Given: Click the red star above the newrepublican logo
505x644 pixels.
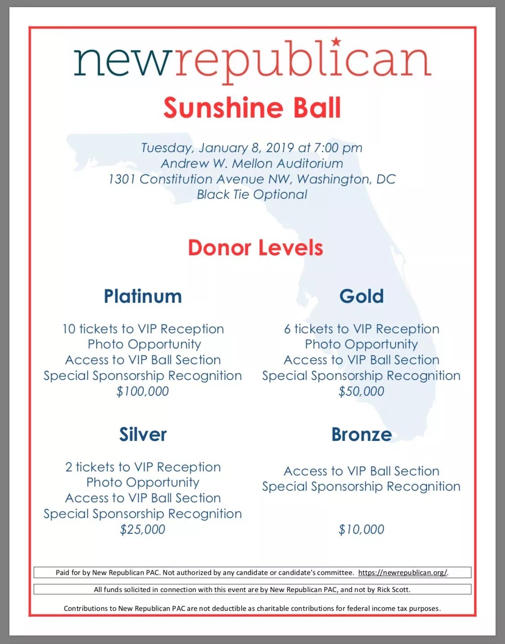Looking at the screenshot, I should click(x=336, y=42).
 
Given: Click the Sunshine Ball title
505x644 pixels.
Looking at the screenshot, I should click(x=252, y=108).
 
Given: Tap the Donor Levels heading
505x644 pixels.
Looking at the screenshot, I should click(x=255, y=248).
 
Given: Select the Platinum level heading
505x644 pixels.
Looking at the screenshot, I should click(x=143, y=296).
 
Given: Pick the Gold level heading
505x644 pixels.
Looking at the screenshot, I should click(x=361, y=296).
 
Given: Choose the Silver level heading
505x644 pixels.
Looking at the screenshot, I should click(x=143, y=434).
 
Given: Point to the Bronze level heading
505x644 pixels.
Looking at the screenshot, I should click(x=361, y=434).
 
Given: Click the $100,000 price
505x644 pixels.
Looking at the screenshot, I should click(x=143, y=391).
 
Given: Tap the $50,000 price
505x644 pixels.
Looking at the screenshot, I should click(x=361, y=391).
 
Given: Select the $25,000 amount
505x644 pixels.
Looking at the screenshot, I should click(x=143, y=529).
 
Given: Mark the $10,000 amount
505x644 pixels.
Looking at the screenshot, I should click(x=361, y=529).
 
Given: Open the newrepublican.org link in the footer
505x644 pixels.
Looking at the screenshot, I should click(x=403, y=573).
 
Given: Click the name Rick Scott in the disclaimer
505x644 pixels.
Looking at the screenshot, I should click(x=393, y=589).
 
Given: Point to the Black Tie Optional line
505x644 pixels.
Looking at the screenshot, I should click(x=252, y=194).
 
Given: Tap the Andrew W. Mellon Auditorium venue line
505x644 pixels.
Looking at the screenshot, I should click(x=252, y=163).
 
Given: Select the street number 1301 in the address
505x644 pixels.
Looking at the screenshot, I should click(x=122, y=179).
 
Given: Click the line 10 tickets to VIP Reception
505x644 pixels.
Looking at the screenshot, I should click(x=143, y=329).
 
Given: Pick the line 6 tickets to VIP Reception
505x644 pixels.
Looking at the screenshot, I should click(x=361, y=329).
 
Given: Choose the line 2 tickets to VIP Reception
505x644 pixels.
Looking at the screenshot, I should click(x=143, y=467).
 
